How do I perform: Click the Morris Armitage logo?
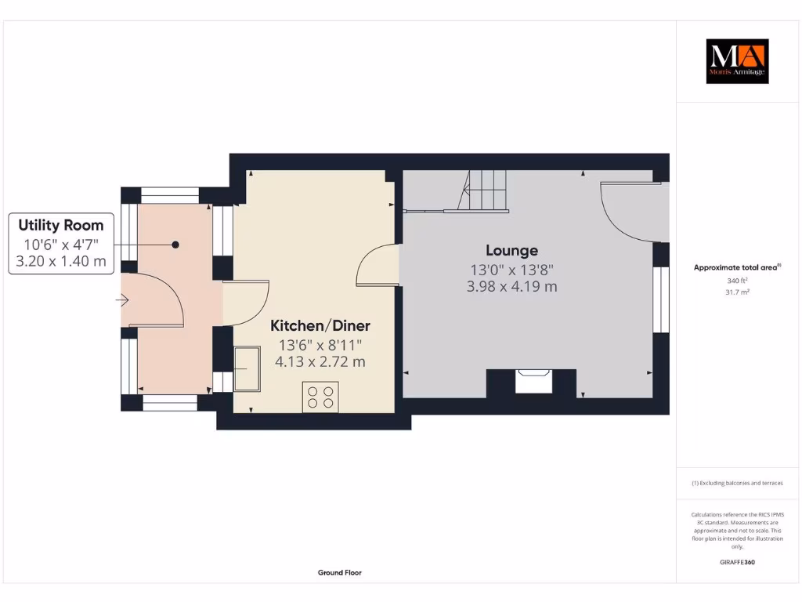[737, 61]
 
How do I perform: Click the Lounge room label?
[511, 251]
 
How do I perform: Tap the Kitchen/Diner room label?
[320, 325]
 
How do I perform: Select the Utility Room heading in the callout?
[61, 226]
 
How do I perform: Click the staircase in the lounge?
[483, 192]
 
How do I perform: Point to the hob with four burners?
[320, 397]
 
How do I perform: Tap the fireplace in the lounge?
[534, 382]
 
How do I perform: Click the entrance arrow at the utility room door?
[122, 300]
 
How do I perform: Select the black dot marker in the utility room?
[175, 245]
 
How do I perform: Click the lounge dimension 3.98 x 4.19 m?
[511, 287]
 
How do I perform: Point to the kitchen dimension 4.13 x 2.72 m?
[320, 362]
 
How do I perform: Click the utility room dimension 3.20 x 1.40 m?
[61, 261]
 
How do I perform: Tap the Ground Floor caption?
[340, 573]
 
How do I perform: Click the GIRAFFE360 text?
[737, 562]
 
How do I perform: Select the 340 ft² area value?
[737, 281]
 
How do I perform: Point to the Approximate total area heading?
[737, 267]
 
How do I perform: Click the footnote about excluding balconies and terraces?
[737, 484]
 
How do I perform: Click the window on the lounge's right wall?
[661, 300]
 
